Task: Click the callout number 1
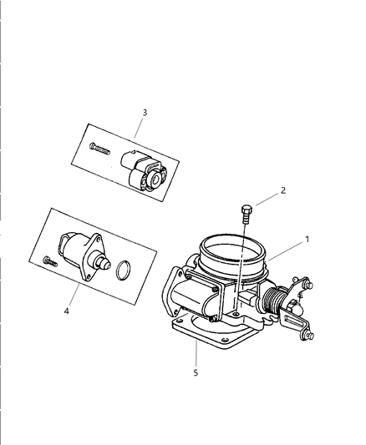coord(306,240)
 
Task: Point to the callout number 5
coord(196,372)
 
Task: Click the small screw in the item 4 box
coord(48,262)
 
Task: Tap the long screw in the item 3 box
coord(99,149)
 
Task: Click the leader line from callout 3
coord(139,127)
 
